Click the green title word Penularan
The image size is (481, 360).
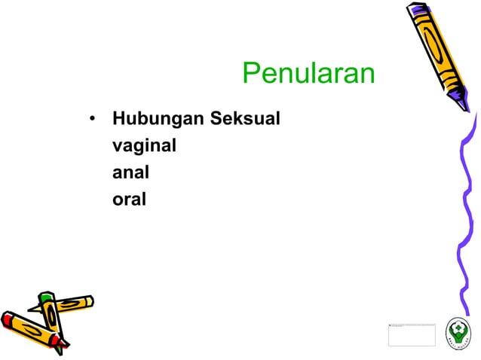click(308, 75)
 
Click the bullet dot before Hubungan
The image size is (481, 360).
click(91, 120)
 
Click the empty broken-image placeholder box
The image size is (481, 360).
click(412, 334)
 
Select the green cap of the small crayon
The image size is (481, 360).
click(45, 300)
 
